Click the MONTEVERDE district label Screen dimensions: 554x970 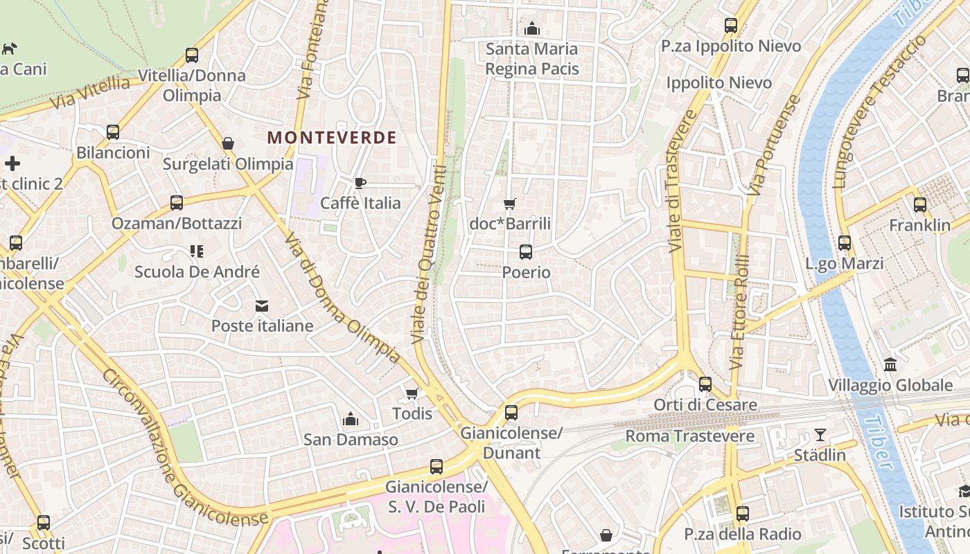point(332,137)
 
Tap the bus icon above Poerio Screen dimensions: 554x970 point(526,252)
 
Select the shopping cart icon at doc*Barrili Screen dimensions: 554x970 point(510,204)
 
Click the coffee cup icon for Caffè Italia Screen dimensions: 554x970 point(360,183)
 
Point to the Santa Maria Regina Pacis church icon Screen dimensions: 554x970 point(532,28)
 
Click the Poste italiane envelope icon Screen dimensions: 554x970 point(262,305)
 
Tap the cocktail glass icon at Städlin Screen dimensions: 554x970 point(820,435)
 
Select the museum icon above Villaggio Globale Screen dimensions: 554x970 point(890,365)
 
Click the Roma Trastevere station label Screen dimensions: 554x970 point(689,436)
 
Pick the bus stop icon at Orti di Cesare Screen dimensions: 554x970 point(705,384)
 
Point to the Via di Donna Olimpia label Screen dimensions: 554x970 point(342,298)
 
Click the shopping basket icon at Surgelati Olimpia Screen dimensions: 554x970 point(228,143)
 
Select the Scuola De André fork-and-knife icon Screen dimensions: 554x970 point(197,251)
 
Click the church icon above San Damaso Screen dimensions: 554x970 point(351,419)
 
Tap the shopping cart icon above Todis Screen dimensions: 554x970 point(412,393)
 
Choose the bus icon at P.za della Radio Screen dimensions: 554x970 point(743,514)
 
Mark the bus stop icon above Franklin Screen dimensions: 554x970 point(920,205)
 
